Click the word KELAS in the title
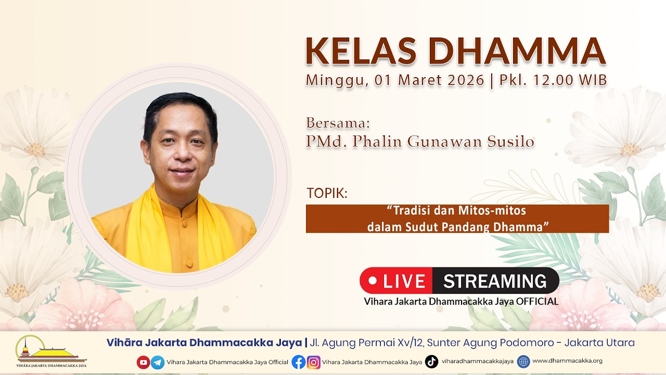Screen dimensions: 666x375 pyautogui.click(x=361, y=51)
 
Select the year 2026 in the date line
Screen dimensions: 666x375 pyautogui.click(x=466, y=80)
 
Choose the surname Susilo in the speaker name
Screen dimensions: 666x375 pyautogui.click(x=510, y=142)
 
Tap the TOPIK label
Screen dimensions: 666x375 pyautogui.click(x=327, y=193)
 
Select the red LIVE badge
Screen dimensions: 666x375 pyautogui.click(x=396, y=281)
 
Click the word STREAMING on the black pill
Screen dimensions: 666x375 pyautogui.click(x=495, y=281)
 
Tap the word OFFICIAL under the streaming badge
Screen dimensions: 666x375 pyautogui.click(x=537, y=302)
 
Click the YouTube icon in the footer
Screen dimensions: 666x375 pyautogui.click(x=143, y=362)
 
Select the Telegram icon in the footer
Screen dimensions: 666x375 pyautogui.click(x=158, y=362)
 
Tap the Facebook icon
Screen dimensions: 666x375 pyautogui.click(x=299, y=362)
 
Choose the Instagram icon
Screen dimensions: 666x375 pyautogui.click(x=313, y=362)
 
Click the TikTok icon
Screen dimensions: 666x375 pyautogui.click(x=431, y=361)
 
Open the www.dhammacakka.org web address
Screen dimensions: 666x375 pyautogui.click(x=567, y=361)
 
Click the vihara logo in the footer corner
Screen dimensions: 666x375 pyautogui.click(x=51, y=351)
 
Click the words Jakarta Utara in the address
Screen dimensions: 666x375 pyautogui.click(x=599, y=343)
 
